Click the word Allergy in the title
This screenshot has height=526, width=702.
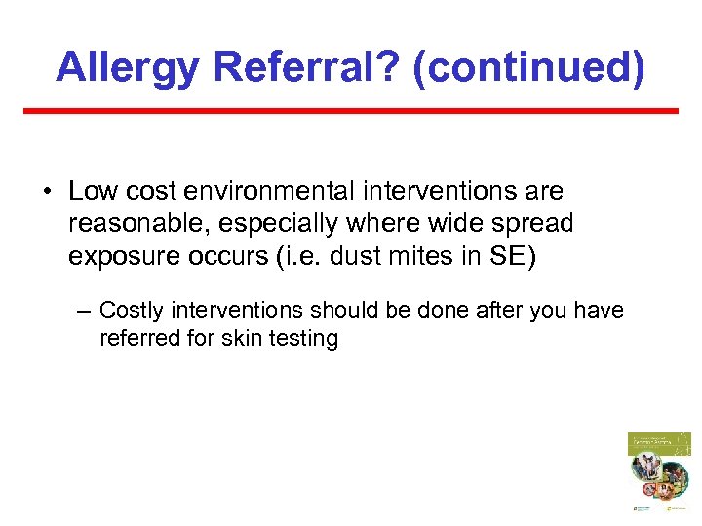tap(127, 66)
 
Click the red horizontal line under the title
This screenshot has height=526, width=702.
tap(351, 111)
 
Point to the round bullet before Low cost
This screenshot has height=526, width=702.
tap(48, 192)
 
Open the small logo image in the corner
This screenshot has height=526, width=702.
tap(658, 471)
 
